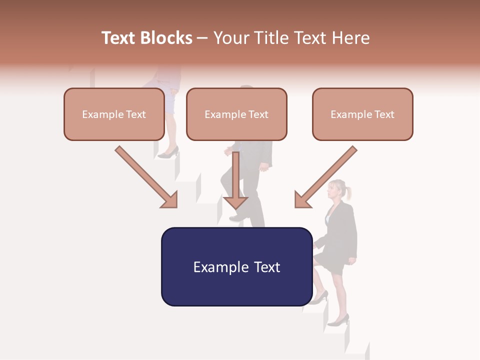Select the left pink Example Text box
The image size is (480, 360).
click(114, 114)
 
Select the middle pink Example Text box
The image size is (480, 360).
click(236, 114)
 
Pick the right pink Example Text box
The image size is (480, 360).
click(362, 114)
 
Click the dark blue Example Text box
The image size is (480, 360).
click(236, 266)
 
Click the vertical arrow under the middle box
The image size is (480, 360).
click(235, 180)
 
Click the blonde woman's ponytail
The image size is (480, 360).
click(347, 192)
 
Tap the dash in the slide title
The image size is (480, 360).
click(203, 38)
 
